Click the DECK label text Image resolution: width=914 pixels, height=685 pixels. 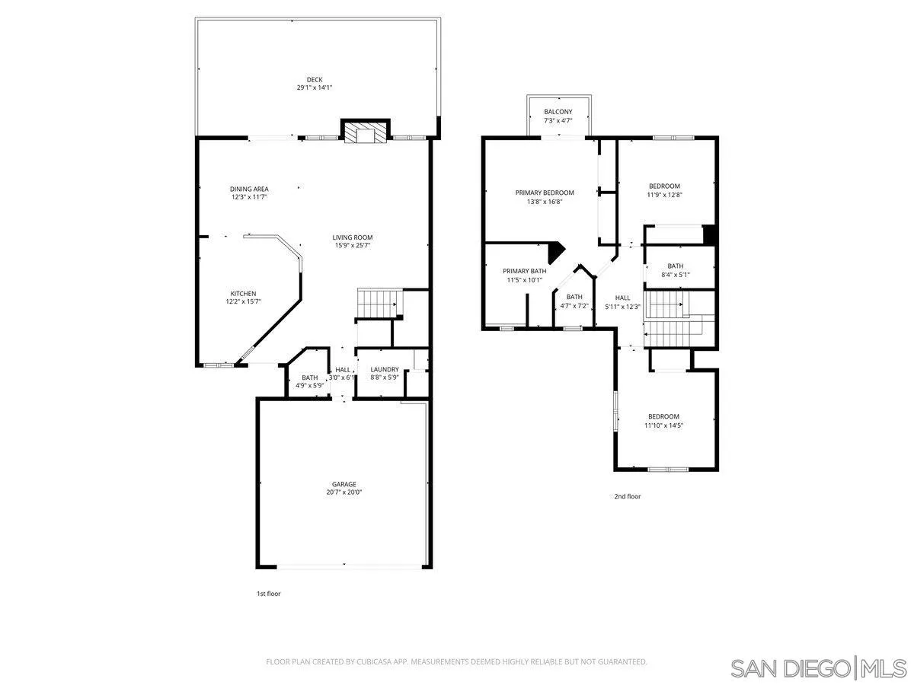(315, 79)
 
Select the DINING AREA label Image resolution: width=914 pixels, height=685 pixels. (249, 189)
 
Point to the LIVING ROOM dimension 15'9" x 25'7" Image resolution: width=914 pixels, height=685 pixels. (353, 245)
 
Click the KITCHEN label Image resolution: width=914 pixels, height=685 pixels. (244, 294)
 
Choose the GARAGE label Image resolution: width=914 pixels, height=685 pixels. (344, 484)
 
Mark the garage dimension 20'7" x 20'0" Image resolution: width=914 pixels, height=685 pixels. (344, 492)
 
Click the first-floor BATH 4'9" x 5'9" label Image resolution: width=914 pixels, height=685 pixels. (309, 378)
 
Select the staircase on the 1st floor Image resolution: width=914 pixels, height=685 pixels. (379, 303)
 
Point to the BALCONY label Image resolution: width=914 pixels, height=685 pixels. (558, 112)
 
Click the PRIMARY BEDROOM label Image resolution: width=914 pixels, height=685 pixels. (545, 193)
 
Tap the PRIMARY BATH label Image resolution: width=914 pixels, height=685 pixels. (525, 271)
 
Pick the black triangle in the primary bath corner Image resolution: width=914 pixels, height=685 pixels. (556, 250)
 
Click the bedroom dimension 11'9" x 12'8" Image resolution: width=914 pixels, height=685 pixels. (664, 195)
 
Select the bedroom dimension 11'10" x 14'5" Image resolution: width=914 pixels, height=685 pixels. (663, 425)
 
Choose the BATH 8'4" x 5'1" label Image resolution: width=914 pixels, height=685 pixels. (676, 266)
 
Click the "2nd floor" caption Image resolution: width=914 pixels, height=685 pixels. (628, 496)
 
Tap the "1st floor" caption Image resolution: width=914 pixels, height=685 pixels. (268, 594)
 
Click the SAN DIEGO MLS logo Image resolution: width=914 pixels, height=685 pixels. (817, 668)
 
